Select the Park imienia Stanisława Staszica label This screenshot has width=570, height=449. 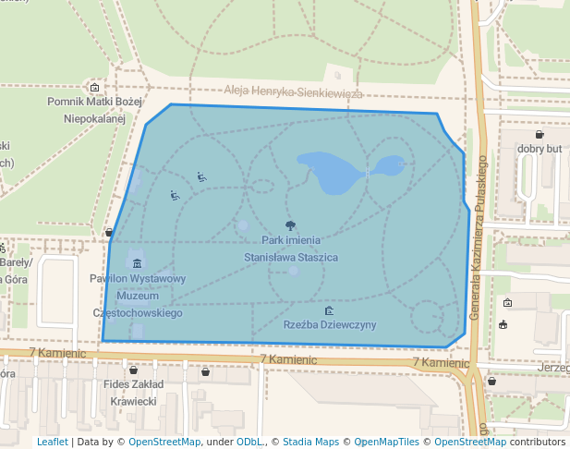290,249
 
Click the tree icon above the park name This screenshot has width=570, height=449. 291,224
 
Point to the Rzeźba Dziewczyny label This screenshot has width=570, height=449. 330,325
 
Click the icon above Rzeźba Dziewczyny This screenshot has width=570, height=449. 330,311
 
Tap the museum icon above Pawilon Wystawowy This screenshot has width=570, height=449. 138,263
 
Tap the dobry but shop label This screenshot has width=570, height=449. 540,149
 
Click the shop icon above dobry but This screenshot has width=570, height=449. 540,135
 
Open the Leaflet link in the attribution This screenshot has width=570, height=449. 53,442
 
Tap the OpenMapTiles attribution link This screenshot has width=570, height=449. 387,442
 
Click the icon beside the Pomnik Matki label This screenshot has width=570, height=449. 94,88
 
